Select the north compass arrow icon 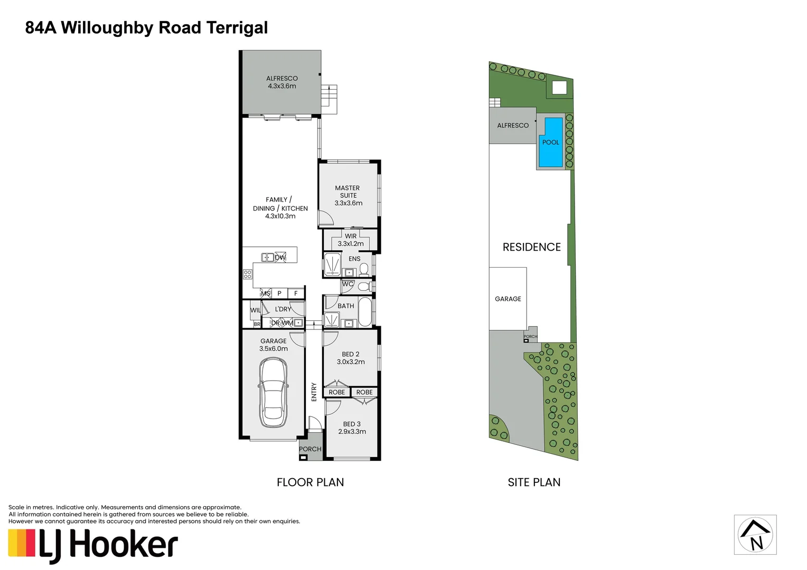click(755, 535)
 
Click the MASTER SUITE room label click(348, 192)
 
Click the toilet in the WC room click(363, 287)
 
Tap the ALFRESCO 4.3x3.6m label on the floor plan click(282, 82)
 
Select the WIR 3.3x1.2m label click(351, 240)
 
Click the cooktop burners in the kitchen click(247, 274)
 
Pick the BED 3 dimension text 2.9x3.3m click(352, 432)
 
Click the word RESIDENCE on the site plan click(531, 247)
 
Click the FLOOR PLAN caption click(310, 482)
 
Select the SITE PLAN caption click(534, 482)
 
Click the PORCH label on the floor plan click(310, 449)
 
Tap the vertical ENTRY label click(314, 392)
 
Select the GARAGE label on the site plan click(508, 299)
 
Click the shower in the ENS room click(332, 264)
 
